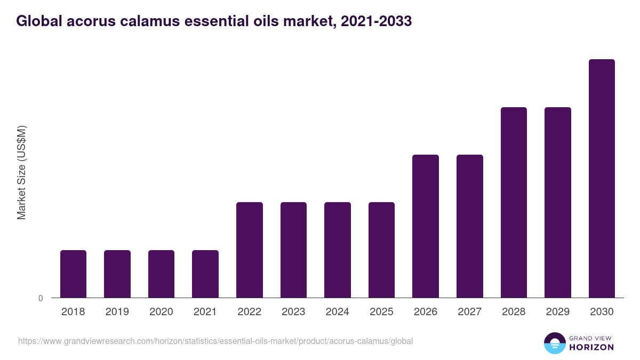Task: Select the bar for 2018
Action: [x=73, y=274]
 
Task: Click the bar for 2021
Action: [x=205, y=274]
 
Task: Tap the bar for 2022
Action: [x=250, y=250]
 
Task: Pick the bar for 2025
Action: [x=381, y=250]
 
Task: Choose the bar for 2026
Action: [x=426, y=226]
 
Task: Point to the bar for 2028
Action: [x=514, y=202]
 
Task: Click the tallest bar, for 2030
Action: [x=602, y=178]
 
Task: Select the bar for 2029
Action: [x=558, y=202]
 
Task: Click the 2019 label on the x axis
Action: [x=117, y=312]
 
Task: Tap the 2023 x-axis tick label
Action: [x=293, y=312]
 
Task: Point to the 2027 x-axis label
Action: [x=470, y=312]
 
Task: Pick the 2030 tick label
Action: [x=602, y=312]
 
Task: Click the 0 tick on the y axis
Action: [x=41, y=298]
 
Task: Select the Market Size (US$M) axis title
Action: [x=21, y=172]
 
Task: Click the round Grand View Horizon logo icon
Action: [x=554, y=343]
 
